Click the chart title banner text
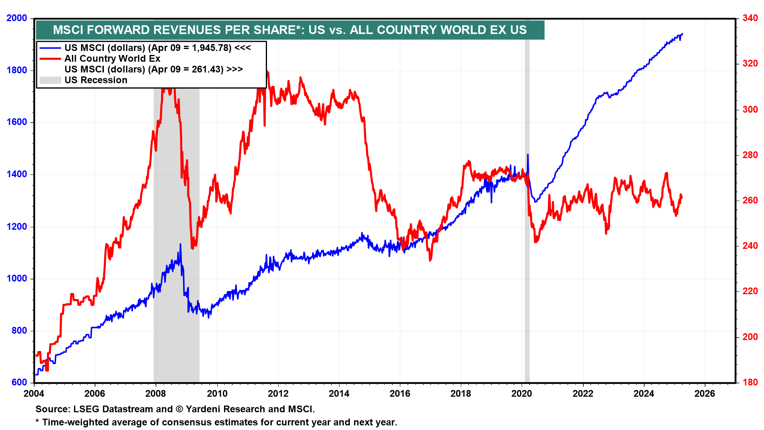(290, 30)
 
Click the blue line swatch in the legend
(50, 48)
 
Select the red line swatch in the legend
(50, 59)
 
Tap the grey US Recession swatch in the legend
(50, 80)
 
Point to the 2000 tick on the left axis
(17, 18)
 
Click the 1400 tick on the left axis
(17, 174)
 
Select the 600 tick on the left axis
(19, 383)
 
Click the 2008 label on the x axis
(156, 394)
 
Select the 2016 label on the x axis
(400, 394)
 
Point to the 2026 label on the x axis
(705, 394)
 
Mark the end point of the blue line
(682, 34)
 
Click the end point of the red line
(682, 197)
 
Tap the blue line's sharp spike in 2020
(528, 155)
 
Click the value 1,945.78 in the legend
(211, 48)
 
